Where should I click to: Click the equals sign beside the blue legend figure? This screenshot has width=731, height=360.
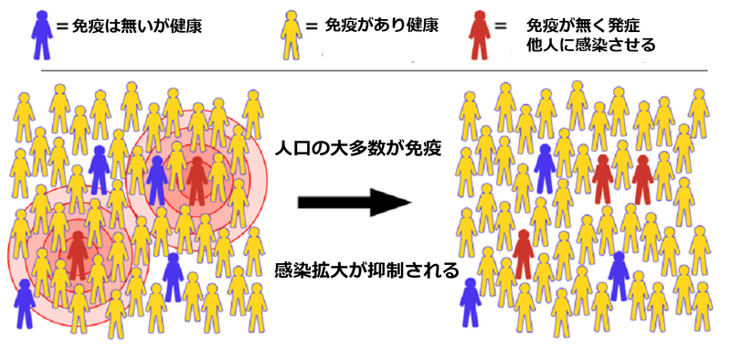tap(62, 26)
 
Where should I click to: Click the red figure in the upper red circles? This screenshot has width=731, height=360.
tap(196, 179)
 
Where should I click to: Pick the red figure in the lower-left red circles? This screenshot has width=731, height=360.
tap(78, 255)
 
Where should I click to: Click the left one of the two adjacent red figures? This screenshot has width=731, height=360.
tap(602, 179)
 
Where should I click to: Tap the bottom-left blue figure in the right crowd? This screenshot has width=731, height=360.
tap(471, 302)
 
